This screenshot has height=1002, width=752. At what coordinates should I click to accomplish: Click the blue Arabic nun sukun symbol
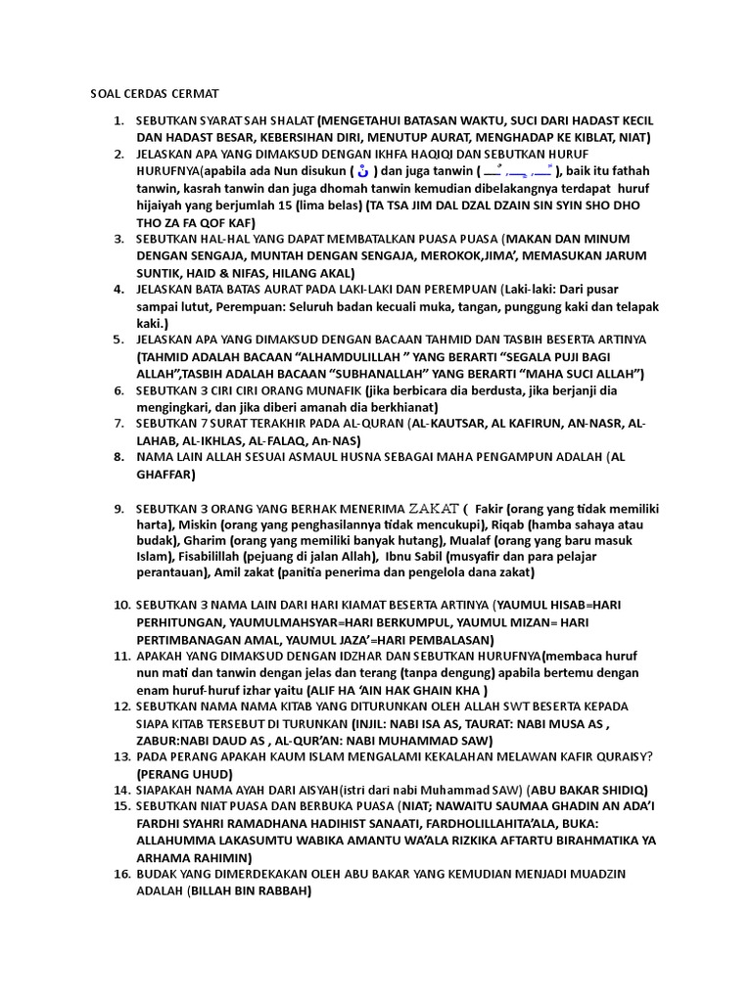363,172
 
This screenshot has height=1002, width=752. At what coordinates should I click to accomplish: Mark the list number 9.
118,508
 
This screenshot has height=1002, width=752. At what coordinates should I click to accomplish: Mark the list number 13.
121,756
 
